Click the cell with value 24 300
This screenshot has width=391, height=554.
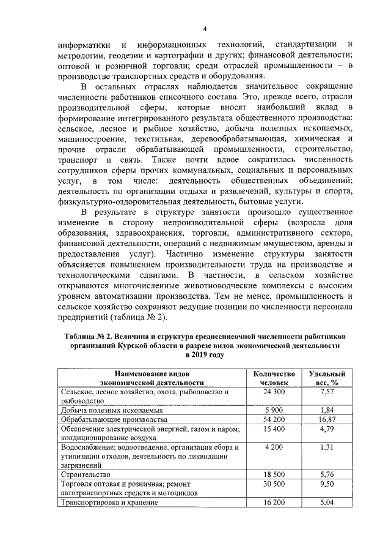274,391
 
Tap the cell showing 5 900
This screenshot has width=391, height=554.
274,410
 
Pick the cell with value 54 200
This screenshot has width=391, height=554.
274,419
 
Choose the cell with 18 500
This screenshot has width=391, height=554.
274,474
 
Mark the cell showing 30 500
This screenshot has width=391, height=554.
274,484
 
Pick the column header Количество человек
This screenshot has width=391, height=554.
274,377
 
